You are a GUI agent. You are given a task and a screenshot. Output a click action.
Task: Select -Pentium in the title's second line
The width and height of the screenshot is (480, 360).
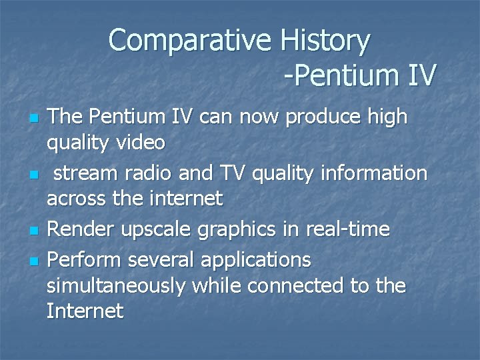(x=340, y=75)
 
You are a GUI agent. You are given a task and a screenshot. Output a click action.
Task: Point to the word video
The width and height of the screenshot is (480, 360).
(x=141, y=143)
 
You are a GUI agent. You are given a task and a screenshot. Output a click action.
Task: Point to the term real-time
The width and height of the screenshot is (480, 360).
(x=347, y=229)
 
